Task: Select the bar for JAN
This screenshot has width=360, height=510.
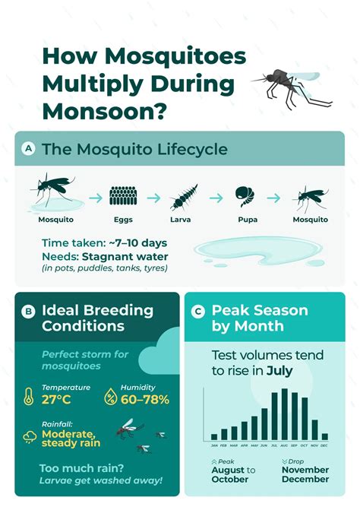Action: [214, 437]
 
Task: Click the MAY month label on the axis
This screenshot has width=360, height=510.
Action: [254, 446]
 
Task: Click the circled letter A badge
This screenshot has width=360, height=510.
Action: [29, 149]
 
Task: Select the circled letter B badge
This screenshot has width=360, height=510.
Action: [29, 310]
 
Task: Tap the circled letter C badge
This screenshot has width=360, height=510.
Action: [199, 310]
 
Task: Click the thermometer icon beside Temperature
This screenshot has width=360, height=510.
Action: [29, 395]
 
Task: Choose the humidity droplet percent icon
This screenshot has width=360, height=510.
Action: [110, 395]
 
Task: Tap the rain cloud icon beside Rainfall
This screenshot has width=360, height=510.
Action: [30, 436]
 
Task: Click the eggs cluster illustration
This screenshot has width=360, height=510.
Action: [123, 197]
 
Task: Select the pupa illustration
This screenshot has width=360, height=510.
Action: [245, 197]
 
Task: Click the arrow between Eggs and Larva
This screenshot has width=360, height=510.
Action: [153, 198]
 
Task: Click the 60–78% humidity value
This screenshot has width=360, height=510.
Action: [145, 400]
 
